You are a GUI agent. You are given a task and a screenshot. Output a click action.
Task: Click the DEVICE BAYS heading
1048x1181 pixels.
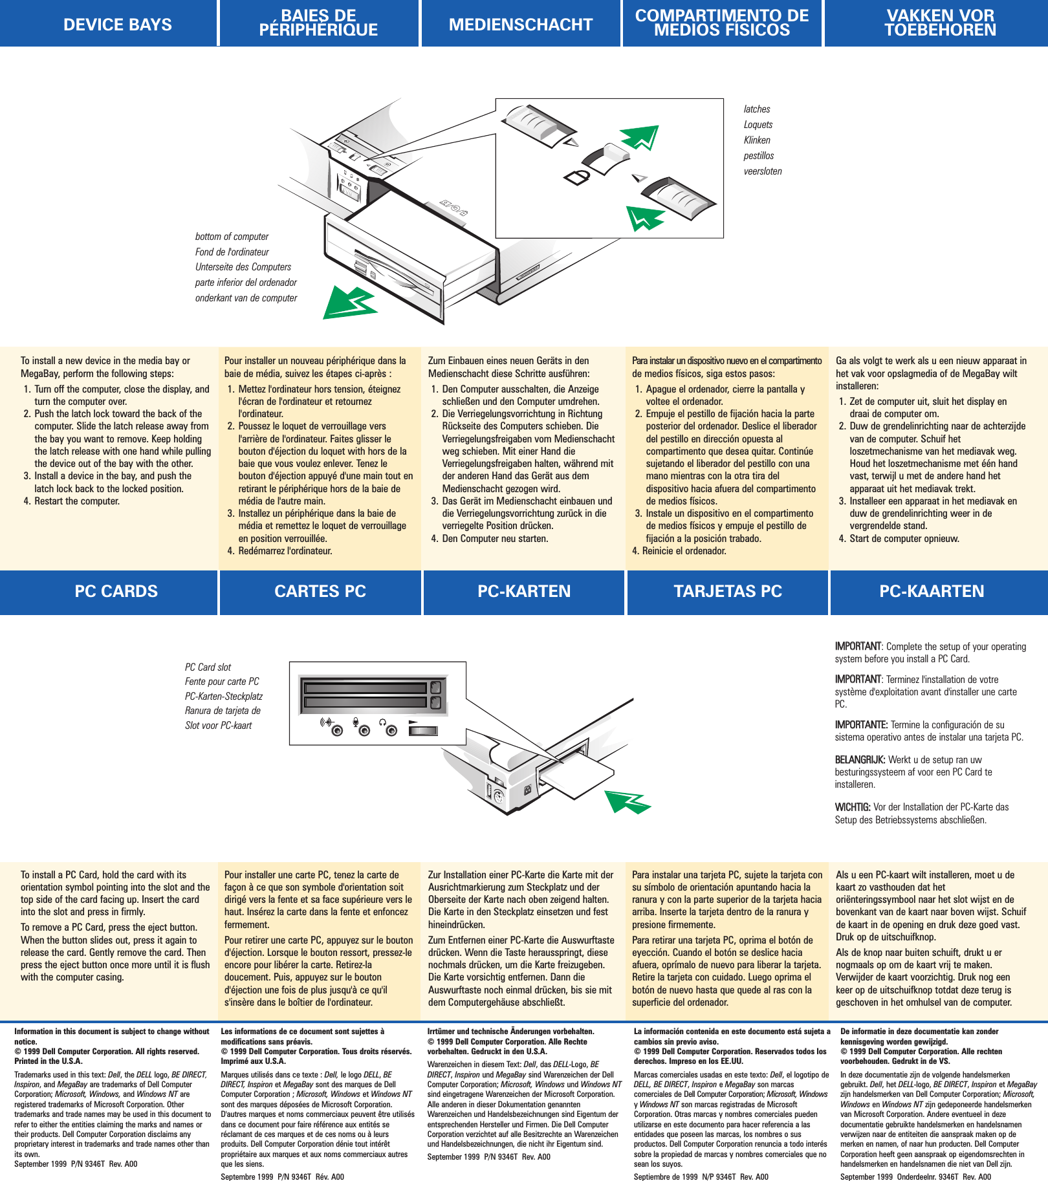click(117, 25)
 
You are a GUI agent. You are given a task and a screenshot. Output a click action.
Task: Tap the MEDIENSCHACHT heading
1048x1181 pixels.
click(520, 25)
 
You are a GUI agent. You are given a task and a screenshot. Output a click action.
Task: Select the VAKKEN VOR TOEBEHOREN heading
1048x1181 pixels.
click(939, 23)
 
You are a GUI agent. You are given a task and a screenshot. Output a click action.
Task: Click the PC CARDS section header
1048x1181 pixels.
click(116, 591)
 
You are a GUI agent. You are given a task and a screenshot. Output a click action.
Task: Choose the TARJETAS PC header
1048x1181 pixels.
click(727, 591)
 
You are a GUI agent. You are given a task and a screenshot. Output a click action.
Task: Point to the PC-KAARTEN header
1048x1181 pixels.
click(931, 591)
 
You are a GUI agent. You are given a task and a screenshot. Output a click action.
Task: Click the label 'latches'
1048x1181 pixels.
click(756, 109)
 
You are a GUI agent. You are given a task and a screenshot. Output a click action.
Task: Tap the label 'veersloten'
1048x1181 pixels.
click(762, 171)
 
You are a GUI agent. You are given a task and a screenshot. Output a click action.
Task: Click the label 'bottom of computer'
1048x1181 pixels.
click(232, 237)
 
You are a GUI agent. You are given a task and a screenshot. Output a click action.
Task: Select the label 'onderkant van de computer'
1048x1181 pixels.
click(246, 298)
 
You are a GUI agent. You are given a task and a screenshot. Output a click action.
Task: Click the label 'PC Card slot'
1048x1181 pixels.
click(208, 667)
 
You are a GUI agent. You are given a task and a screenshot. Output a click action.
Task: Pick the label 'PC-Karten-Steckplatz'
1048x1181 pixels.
click(223, 697)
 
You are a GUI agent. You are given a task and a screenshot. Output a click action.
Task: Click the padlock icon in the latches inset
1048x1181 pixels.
click(576, 176)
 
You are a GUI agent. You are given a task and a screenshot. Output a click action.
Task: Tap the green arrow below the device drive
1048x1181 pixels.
click(349, 302)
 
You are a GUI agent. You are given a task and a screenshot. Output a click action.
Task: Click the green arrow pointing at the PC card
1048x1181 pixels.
click(626, 802)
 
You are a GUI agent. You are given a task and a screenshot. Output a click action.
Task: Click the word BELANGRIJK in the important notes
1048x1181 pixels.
click(859, 760)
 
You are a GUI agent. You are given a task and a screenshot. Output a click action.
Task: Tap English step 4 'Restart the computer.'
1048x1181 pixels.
click(76, 501)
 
